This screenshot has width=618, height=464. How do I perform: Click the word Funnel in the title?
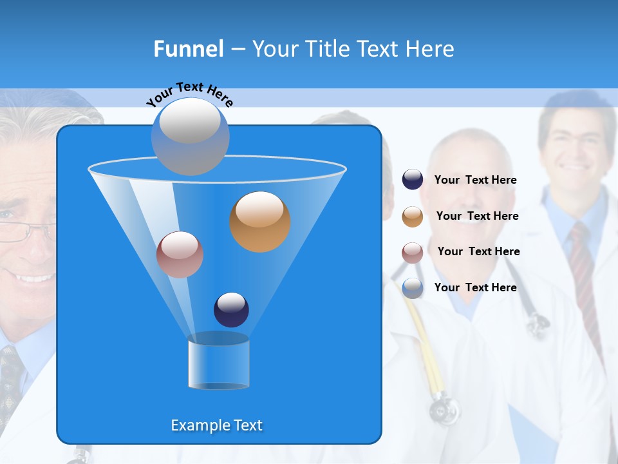click(x=189, y=49)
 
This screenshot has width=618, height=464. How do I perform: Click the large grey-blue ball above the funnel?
click(x=190, y=137)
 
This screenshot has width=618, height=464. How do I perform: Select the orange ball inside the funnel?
click(x=260, y=222)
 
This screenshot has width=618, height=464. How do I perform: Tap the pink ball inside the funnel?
click(x=180, y=255)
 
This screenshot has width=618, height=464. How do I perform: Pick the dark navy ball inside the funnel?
click(x=231, y=310)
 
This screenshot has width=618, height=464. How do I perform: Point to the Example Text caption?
click(x=216, y=425)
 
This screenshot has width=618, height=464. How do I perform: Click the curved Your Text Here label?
click(x=189, y=94)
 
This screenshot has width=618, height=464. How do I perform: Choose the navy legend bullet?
click(x=413, y=180)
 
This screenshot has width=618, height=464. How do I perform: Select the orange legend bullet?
click(x=413, y=217)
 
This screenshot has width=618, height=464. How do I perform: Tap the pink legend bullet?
click(x=413, y=253)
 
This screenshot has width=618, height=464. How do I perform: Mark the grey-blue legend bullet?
click(x=413, y=288)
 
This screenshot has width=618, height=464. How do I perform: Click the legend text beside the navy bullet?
click(x=475, y=180)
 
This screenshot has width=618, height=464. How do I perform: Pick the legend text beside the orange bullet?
click(x=477, y=217)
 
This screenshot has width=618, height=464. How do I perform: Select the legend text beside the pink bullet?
click(x=478, y=252)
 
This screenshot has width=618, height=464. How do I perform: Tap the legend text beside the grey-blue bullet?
click(x=475, y=288)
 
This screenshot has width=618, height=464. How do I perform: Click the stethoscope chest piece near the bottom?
click(x=444, y=409)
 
